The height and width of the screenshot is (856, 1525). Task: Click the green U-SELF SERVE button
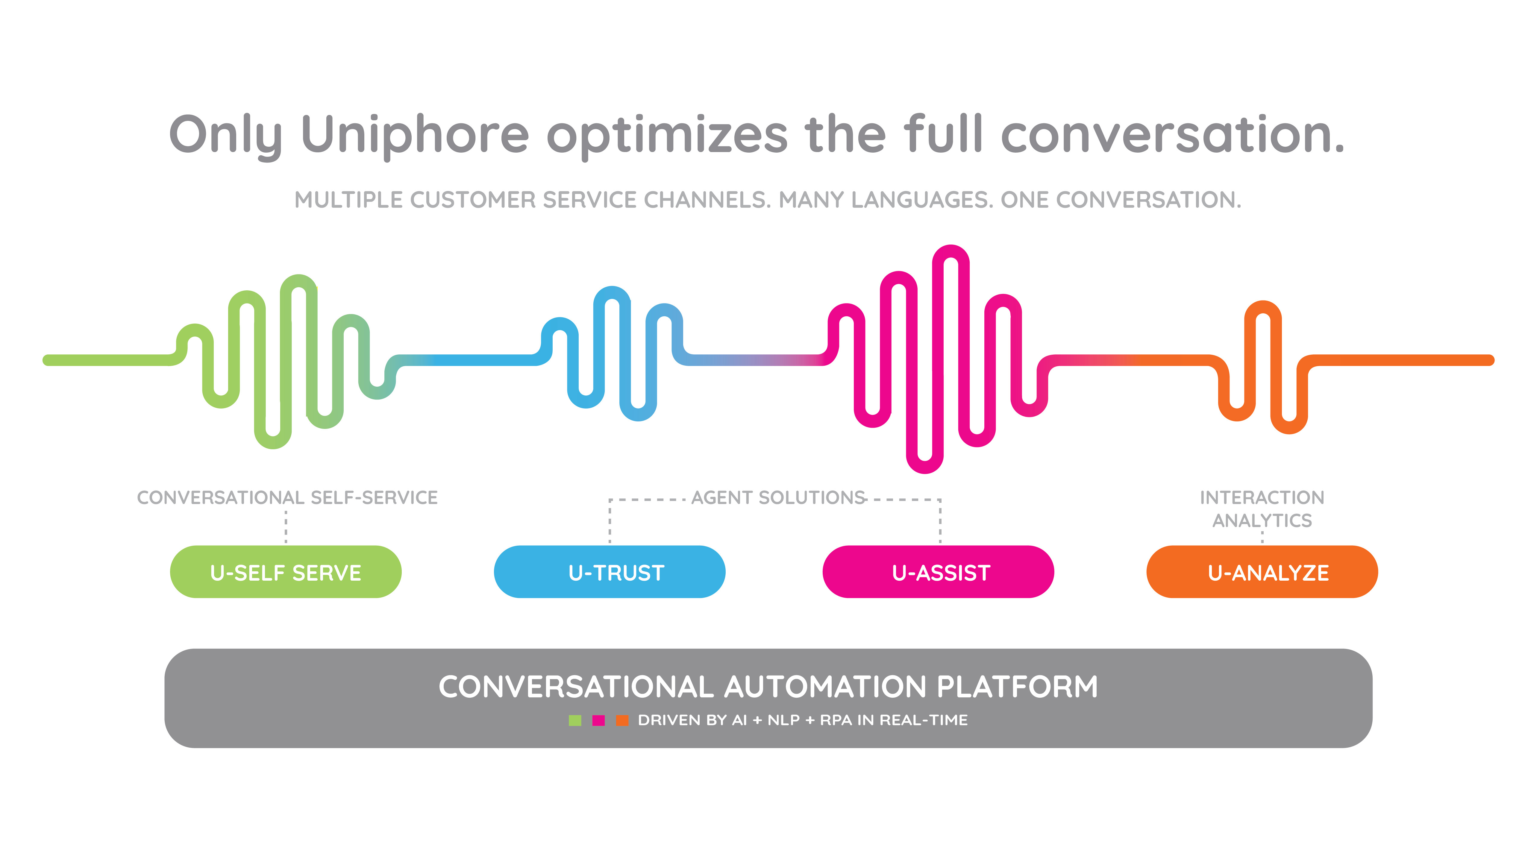[285, 572]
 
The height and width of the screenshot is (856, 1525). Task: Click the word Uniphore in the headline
[414, 135]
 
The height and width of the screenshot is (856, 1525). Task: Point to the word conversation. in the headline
[1172, 135]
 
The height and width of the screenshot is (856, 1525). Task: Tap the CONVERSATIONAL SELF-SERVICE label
[287, 498]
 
